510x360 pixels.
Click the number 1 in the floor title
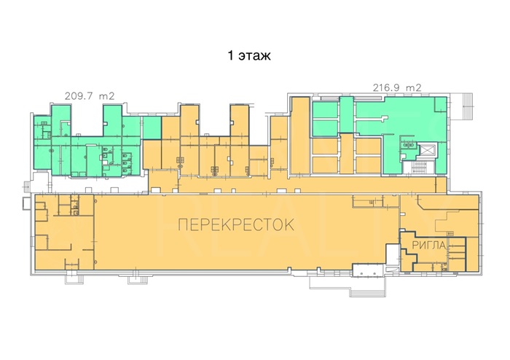(x=231, y=55)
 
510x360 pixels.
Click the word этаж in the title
(x=254, y=56)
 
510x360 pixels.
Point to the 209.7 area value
(x=79, y=96)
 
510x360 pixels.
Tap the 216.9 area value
(x=387, y=87)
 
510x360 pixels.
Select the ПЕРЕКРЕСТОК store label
(x=237, y=224)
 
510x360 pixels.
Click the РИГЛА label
(x=429, y=246)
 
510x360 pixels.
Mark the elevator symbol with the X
(x=427, y=150)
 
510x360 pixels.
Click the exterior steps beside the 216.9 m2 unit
(x=467, y=106)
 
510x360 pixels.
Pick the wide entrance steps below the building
(x=367, y=290)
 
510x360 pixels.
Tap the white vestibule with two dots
(x=369, y=270)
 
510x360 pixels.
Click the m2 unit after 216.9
(x=413, y=87)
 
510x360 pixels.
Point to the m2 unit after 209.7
(x=106, y=96)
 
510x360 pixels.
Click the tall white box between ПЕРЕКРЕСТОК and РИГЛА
(x=392, y=254)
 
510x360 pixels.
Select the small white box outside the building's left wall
(x=26, y=203)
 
